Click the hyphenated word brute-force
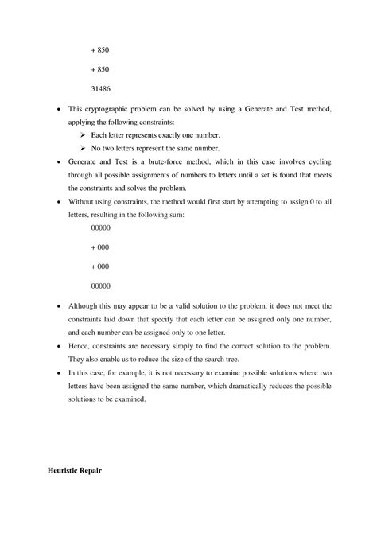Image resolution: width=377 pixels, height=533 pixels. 185,161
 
